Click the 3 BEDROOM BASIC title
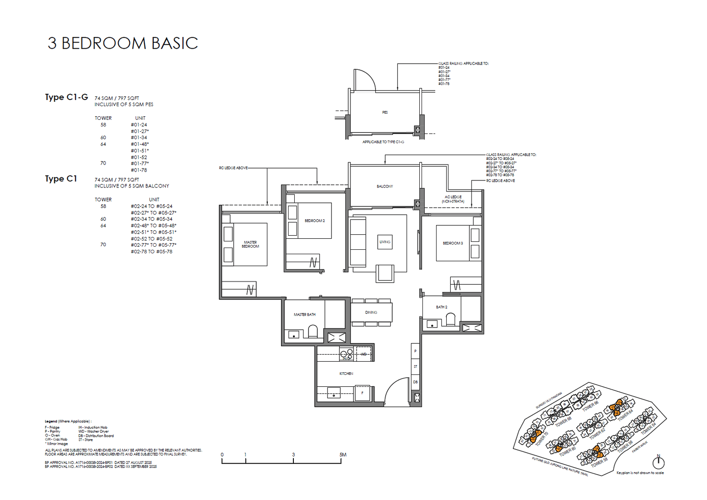[123, 43]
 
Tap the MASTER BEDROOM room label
[250, 244]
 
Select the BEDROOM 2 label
[314, 221]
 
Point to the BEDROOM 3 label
[452, 243]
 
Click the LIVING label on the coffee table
[385, 242]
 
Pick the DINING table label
[371, 312]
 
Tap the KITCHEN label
[346, 374]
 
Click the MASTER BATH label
[304, 314]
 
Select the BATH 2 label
[441, 307]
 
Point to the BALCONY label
[384, 186]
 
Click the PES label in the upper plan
[385, 112]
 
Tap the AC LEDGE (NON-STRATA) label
[453, 199]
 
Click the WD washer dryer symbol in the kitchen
[364, 354]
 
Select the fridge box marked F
[362, 393]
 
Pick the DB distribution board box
[415, 382]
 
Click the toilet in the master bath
[312, 331]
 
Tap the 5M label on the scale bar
[343, 454]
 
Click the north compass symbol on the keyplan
[658, 462]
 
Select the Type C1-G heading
[66, 97]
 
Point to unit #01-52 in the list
[139, 157]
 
